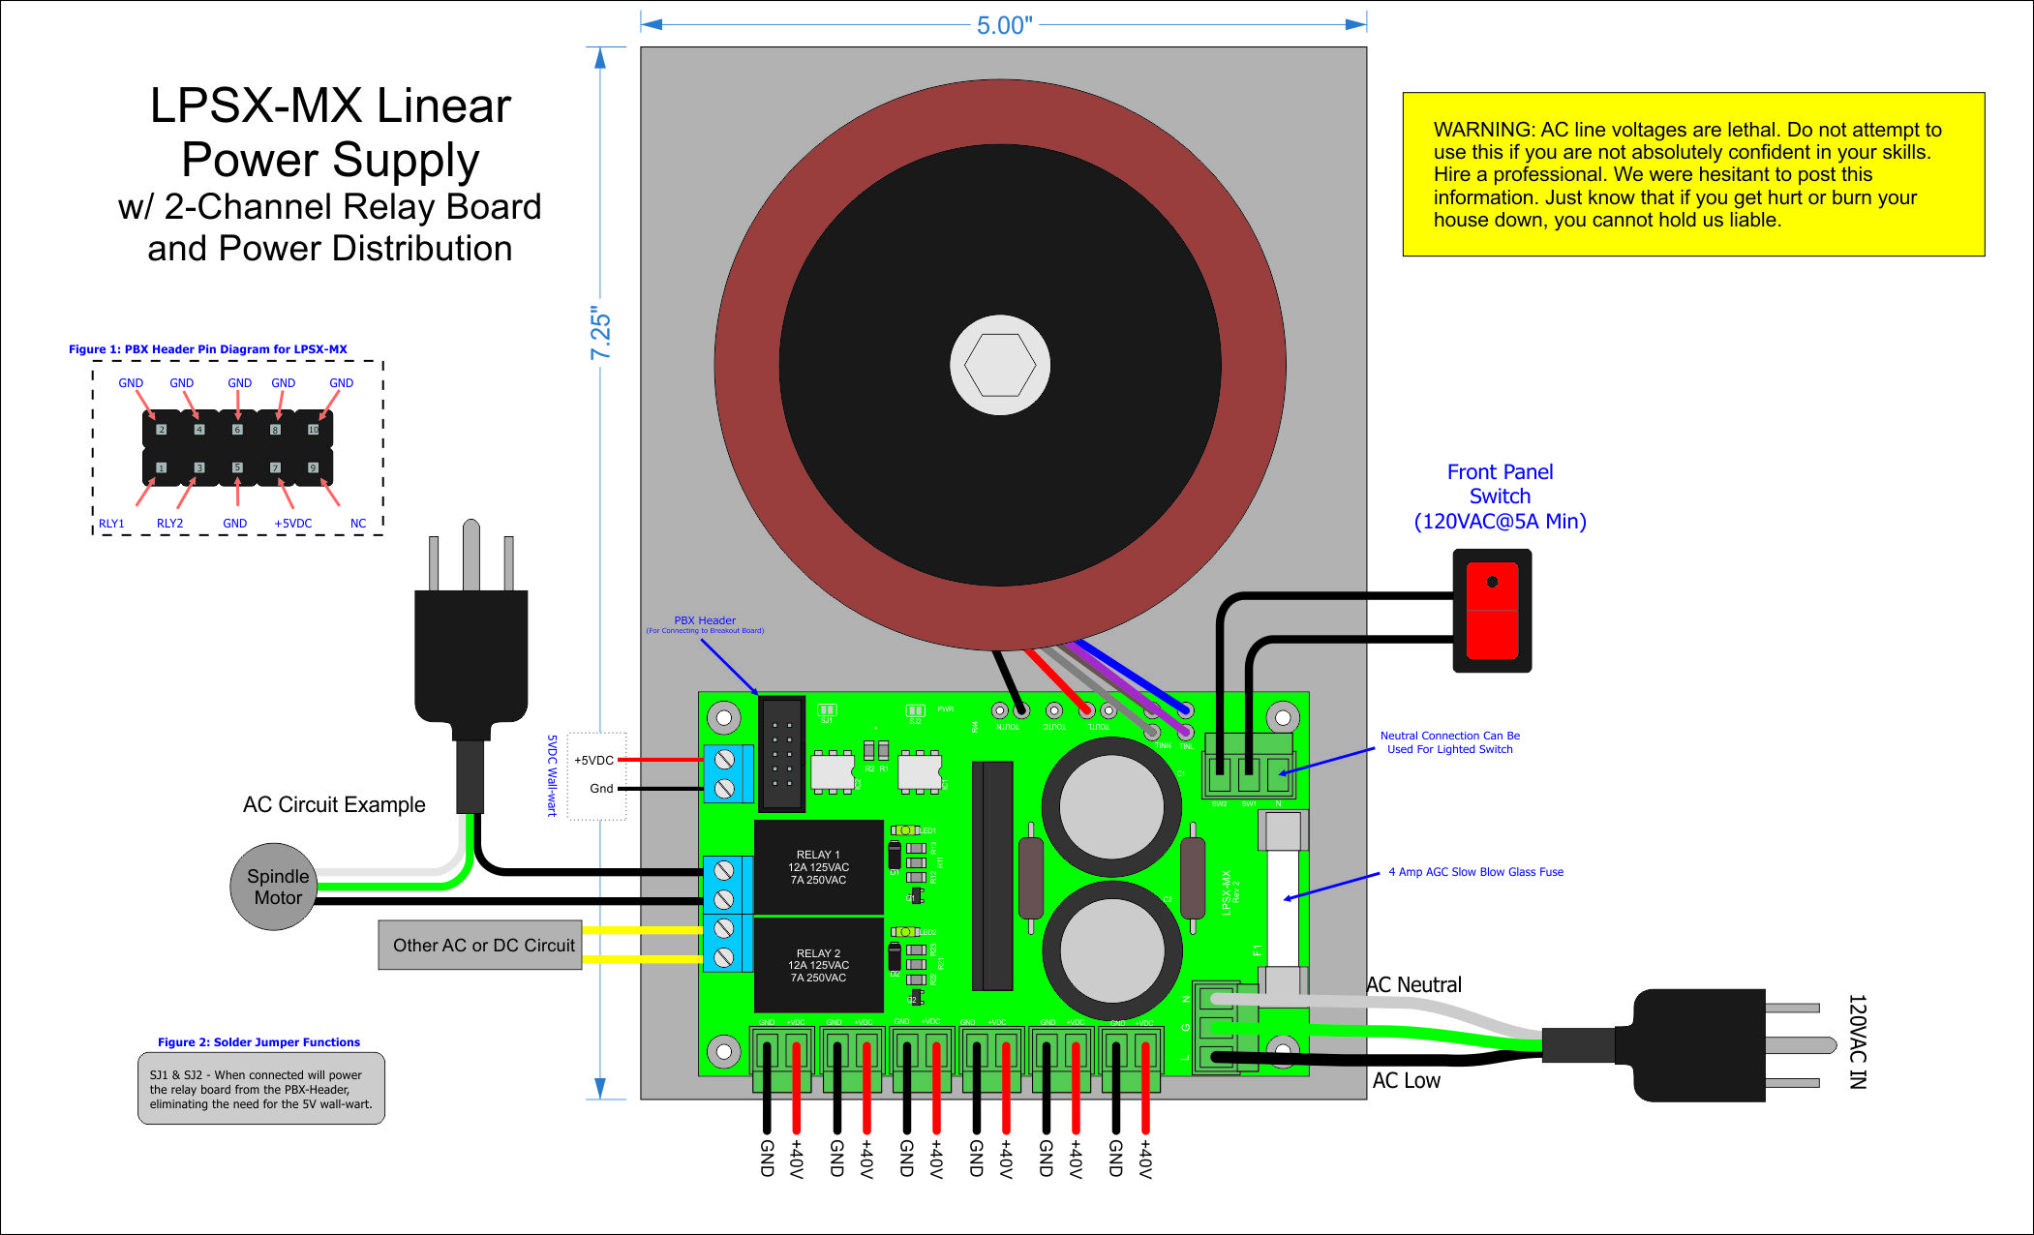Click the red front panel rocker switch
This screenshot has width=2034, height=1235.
click(x=1492, y=611)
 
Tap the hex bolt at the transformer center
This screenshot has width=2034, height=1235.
click(x=1000, y=366)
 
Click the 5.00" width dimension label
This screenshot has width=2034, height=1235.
click(x=1004, y=25)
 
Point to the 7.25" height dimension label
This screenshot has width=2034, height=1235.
click(x=601, y=334)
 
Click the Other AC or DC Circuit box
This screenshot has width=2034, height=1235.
click(x=482, y=945)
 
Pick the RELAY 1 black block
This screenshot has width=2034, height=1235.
click(x=818, y=867)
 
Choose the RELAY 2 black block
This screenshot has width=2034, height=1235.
click(x=818, y=965)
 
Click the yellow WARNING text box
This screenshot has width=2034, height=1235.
click(x=1692, y=174)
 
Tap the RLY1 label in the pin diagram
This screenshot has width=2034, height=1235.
click(x=111, y=524)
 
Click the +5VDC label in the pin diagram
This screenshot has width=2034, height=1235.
click(x=292, y=524)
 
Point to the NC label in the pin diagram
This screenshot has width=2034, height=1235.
click(x=358, y=524)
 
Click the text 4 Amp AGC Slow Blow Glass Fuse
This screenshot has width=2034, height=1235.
click(x=1475, y=872)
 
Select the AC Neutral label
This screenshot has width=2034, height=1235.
click(x=1413, y=985)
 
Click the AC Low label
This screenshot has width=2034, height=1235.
click(x=1406, y=1081)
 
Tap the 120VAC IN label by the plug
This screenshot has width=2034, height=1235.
click(x=1856, y=1041)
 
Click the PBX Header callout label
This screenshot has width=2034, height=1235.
click(x=705, y=621)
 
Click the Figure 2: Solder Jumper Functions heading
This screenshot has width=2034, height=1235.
click(x=258, y=1042)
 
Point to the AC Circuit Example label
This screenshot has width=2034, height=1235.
click(x=334, y=805)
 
